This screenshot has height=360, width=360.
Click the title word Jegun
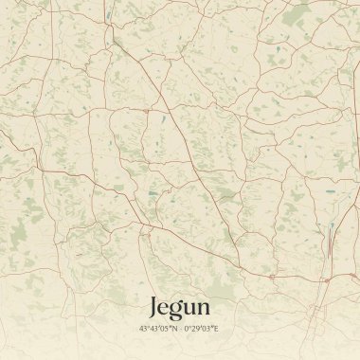coord(179,308)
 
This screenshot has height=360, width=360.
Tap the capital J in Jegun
coord(154,306)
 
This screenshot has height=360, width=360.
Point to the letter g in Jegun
coord(175,311)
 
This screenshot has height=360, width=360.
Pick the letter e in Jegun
coord(165,309)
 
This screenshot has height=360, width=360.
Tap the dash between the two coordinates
coord(180,331)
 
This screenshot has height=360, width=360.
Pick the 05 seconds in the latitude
coord(164,331)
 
